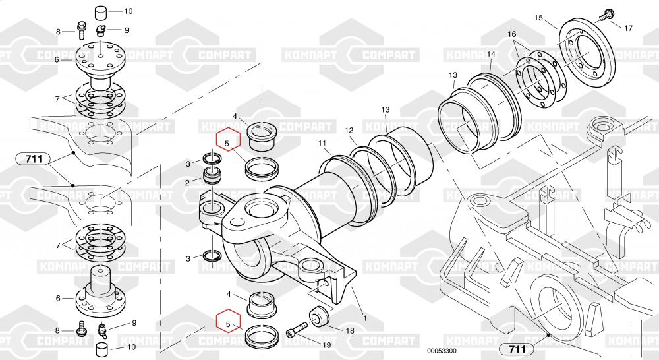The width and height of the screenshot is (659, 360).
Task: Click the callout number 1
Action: click(x=365, y=318)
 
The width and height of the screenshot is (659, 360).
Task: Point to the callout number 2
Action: click(x=187, y=183)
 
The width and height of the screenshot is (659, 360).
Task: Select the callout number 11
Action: click(x=322, y=144)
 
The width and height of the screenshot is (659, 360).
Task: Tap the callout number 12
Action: click(x=349, y=131)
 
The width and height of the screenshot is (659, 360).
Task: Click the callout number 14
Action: click(x=492, y=54)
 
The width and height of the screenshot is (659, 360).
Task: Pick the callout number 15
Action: click(x=539, y=18)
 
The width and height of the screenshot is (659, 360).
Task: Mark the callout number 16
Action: click(x=512, y=34)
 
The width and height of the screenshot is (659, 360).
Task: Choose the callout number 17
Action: click(x=628, y=28)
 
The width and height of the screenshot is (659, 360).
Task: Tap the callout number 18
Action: click(x=350, y=330)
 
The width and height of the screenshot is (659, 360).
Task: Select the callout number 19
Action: click(x=327, y=345)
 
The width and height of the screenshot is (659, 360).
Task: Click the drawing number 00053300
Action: click(x=442, y=351)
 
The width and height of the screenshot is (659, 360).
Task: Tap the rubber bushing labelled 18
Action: click(x=318, y=316)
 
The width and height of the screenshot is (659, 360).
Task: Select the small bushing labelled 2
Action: click(x=212, y=175)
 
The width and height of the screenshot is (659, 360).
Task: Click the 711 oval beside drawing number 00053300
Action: click(x=517, y=349)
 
